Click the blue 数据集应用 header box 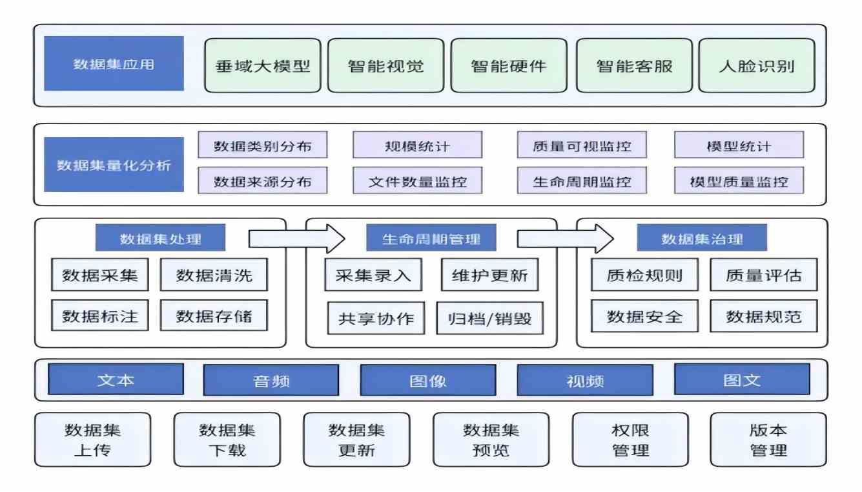coord(114,64)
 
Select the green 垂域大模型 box coord(263,65)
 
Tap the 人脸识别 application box coord(756,65)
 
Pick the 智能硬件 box coord(509,65)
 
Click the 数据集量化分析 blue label coord(114,165)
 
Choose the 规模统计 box coord(417,145)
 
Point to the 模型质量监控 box coord(739,181)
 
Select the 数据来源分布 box coord(262,181)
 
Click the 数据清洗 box coord(214,276)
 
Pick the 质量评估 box coord(764,276)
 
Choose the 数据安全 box coord(644,317)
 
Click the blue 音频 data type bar coord(271,380)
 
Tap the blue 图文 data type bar coord(742,380)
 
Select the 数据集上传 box coord(92,440)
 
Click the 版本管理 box coord(768,440)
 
